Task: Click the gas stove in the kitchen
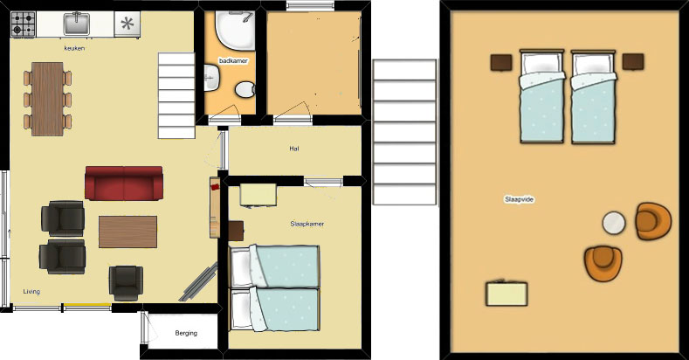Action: [23, 24]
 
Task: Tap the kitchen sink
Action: [77, 24]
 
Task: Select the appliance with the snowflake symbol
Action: [127, 24]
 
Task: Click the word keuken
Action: [74, 48]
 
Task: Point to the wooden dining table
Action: [48, 99]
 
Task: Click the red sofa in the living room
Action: [124, 183]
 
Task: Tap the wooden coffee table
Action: [127, 232]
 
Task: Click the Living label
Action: [31, 292]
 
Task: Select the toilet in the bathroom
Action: [245, 90]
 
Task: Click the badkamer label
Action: [233, 61]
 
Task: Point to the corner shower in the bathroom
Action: [235, 31]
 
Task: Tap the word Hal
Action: [294, 149]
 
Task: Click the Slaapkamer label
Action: [307, 224]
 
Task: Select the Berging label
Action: [186, 333]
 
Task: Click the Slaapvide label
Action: [519, 199]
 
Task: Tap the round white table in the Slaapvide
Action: [613, 223]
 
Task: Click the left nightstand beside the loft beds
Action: [501, 62]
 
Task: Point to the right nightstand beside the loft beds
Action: [633, 61]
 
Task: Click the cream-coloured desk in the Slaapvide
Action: [506, 294]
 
